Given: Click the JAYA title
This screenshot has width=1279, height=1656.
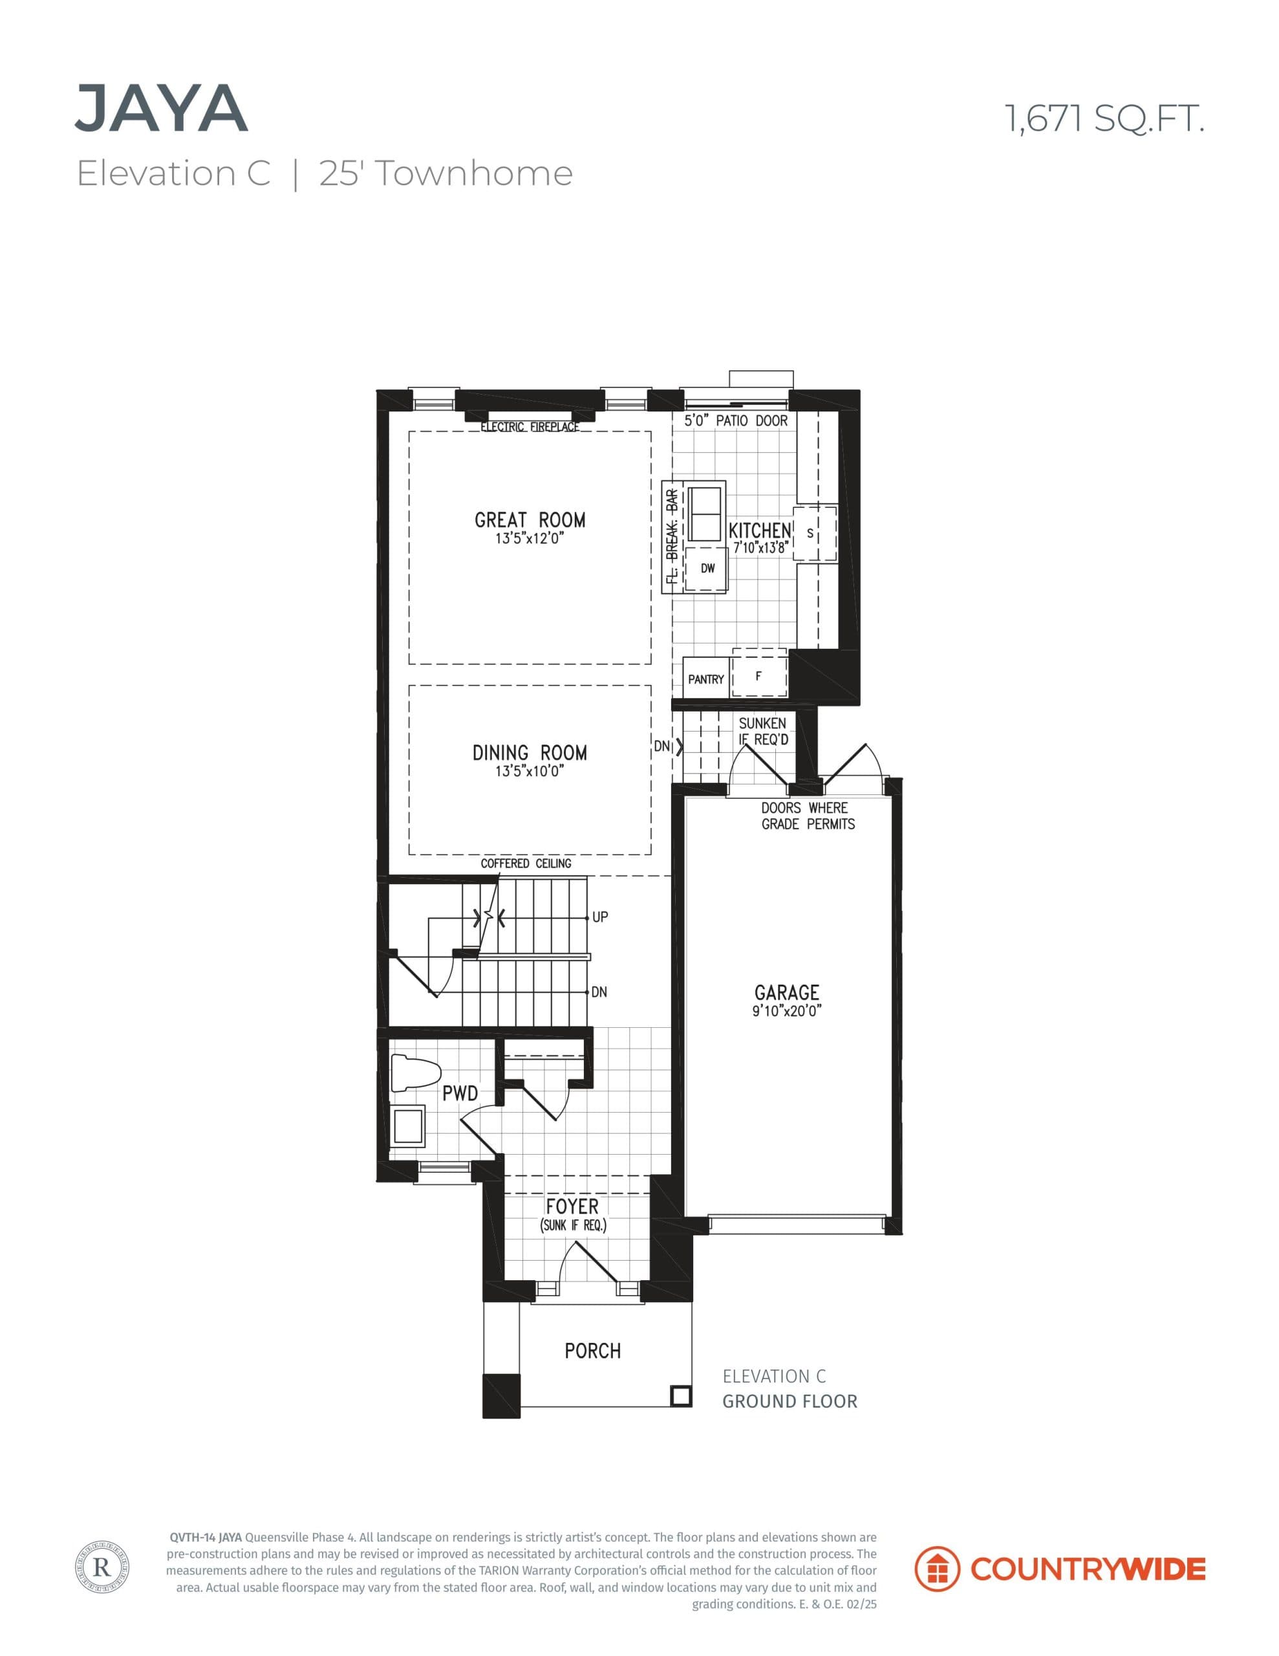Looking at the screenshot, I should tap(162, 110).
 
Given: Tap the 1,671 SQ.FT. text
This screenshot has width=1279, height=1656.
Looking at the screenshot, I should tap(1104, 119).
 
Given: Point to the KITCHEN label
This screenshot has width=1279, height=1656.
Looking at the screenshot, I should tap(760, 531).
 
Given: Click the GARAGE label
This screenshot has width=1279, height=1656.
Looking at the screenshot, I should tap(786, 992).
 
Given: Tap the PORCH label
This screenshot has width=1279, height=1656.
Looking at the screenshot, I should tap(592, 1351).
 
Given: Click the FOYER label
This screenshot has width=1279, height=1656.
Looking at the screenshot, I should tap(572, 1206).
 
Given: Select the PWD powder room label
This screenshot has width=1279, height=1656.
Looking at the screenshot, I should tap(460, 1093).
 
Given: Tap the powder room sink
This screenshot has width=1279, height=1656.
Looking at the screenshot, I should tap(409, 1125).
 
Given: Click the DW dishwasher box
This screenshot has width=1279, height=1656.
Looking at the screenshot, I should tap(707, 569).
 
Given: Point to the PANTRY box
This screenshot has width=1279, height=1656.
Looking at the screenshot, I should tap(705, 679).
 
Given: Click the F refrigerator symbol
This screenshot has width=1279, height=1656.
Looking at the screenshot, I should tap(759, 675).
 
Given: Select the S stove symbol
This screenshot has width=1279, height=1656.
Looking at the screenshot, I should tap(810, 534).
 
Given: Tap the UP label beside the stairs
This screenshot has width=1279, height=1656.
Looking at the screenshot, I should tap(599, 917).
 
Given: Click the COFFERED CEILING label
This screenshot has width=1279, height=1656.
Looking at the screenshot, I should tap(526, 864).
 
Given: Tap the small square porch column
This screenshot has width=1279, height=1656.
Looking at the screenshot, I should tap(681, 1396).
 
